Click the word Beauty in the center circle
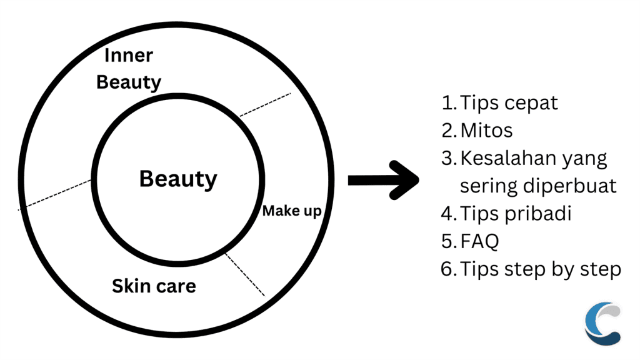click(178, 179)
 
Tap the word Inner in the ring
click(128, 55)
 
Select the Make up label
click(291, 211)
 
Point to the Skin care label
click(154, 286)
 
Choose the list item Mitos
click(486, 130)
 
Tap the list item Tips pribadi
click(516, 213)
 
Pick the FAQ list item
click(479, 241)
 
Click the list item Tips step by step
click(541, 269)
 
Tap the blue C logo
click(602, 323)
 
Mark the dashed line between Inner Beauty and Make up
click(265, 104)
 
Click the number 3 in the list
click(448, 158)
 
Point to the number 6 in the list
click(448, 269)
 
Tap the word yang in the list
click(586, 159)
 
